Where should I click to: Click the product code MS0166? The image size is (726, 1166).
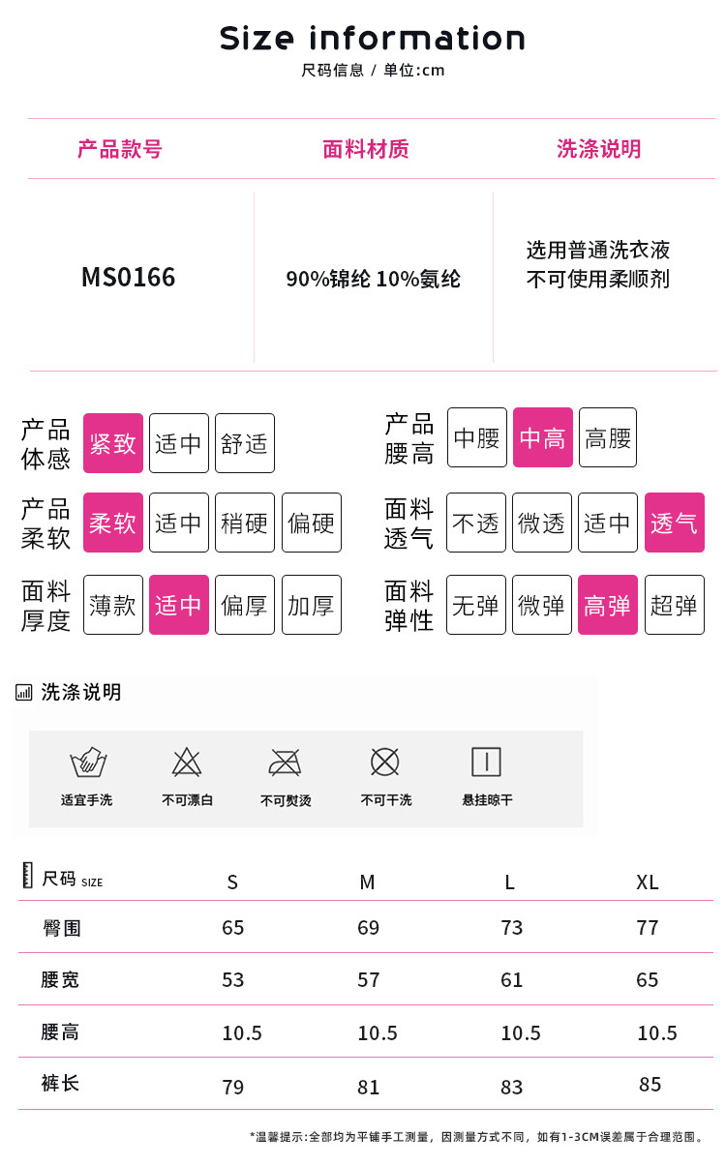coord(129,278)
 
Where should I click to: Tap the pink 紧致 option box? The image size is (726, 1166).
coord(113,443)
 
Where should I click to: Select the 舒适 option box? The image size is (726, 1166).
coord(244,443)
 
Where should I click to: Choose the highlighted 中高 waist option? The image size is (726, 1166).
coord(543,437)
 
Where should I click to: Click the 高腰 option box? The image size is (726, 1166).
coord(608,437)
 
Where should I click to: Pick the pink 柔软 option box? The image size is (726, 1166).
coord(113,523)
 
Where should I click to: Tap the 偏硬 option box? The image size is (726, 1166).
coord(311,523)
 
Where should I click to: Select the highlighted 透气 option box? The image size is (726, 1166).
coord(674,523)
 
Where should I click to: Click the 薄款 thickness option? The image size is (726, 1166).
coord(113,605)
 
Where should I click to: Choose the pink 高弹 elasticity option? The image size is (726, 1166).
coord(608,605)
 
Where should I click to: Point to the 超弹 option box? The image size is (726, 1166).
coord(674,605)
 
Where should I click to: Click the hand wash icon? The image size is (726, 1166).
coord(88,762)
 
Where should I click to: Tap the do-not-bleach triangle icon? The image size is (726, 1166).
coord(187,762)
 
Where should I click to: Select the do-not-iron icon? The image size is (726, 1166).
coord(286,762)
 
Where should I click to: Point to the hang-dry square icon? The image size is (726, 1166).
coord(486,762)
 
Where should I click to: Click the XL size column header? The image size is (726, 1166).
coord(648,882)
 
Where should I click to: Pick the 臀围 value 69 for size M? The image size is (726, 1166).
coord(369,928)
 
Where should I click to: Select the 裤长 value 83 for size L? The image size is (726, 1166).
coord(512,1087)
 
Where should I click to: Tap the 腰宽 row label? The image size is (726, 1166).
coord(60,980)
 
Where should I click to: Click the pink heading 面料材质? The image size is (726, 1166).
coord(366,149)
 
